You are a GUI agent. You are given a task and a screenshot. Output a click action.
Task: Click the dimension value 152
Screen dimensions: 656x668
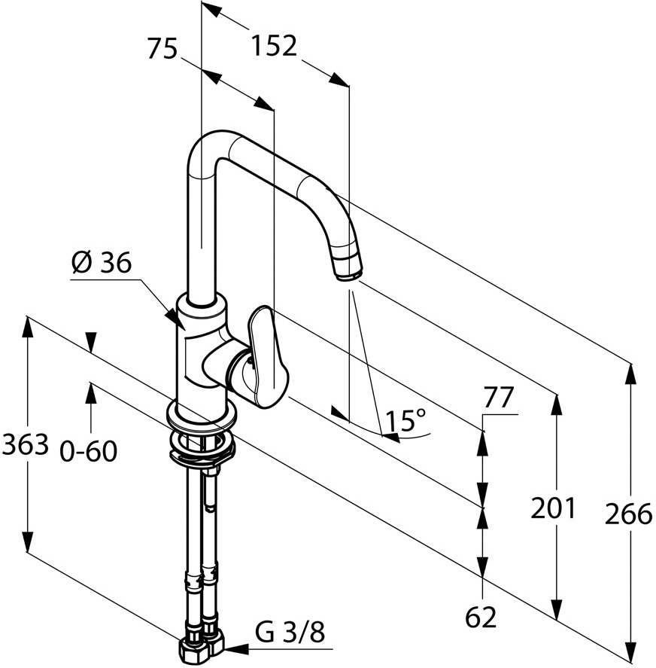point(274,46)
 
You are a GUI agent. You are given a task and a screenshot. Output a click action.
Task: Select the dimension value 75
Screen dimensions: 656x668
point(162,48)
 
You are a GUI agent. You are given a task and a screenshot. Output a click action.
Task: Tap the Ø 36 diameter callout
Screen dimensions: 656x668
point(102,262)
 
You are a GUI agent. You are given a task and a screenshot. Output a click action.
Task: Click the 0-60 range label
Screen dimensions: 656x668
point(89,452)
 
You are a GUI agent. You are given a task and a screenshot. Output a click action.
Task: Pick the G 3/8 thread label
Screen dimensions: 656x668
point(290,632)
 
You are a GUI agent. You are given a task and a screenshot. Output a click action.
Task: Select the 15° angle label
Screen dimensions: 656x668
point(405,420)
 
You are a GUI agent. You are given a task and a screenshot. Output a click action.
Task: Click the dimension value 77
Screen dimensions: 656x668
point(499,398)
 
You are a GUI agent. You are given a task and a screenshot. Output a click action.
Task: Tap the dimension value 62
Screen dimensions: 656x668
point(481,617)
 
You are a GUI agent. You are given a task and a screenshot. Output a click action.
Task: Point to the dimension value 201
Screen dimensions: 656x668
point(553,508)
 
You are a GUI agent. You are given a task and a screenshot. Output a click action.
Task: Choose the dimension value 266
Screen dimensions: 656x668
point(628,514)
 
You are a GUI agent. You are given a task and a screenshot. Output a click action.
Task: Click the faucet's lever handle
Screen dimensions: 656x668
point(267,357)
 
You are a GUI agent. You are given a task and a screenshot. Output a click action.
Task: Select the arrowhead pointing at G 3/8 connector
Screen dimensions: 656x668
point(237,649)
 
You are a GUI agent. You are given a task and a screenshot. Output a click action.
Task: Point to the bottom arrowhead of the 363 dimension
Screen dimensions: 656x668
point(27,540)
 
